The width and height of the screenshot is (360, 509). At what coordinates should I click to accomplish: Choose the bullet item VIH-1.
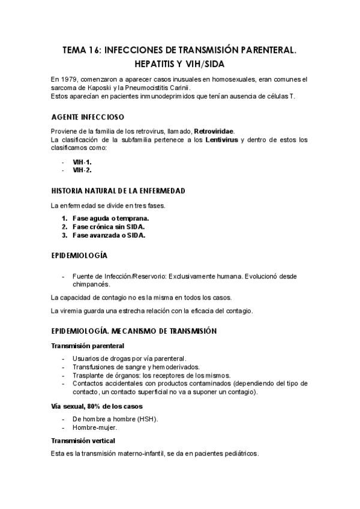tap(82, 161)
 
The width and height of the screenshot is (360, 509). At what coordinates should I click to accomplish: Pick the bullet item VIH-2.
tap(82, 170)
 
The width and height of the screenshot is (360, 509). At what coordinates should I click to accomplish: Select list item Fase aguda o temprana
tap(110, 218)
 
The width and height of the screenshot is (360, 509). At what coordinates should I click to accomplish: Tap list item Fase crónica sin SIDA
tap(109, 227)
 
